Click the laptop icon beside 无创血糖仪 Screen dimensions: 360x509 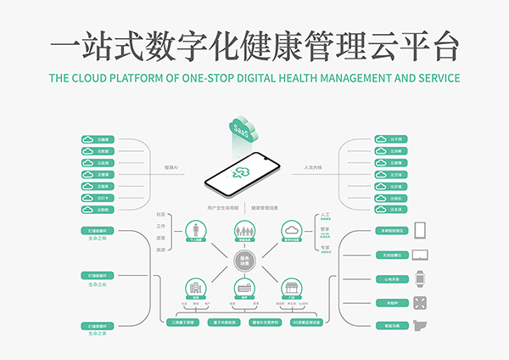coord(420,254)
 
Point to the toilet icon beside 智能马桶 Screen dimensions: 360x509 coord(420,325)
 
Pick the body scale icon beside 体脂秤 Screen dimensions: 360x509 coord(420,301)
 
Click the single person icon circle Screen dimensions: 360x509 coord(196,231)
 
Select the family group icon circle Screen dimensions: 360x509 coord(244,231)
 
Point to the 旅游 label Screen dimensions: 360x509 coord(160,250)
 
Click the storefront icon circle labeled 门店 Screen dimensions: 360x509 coord(293,289)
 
